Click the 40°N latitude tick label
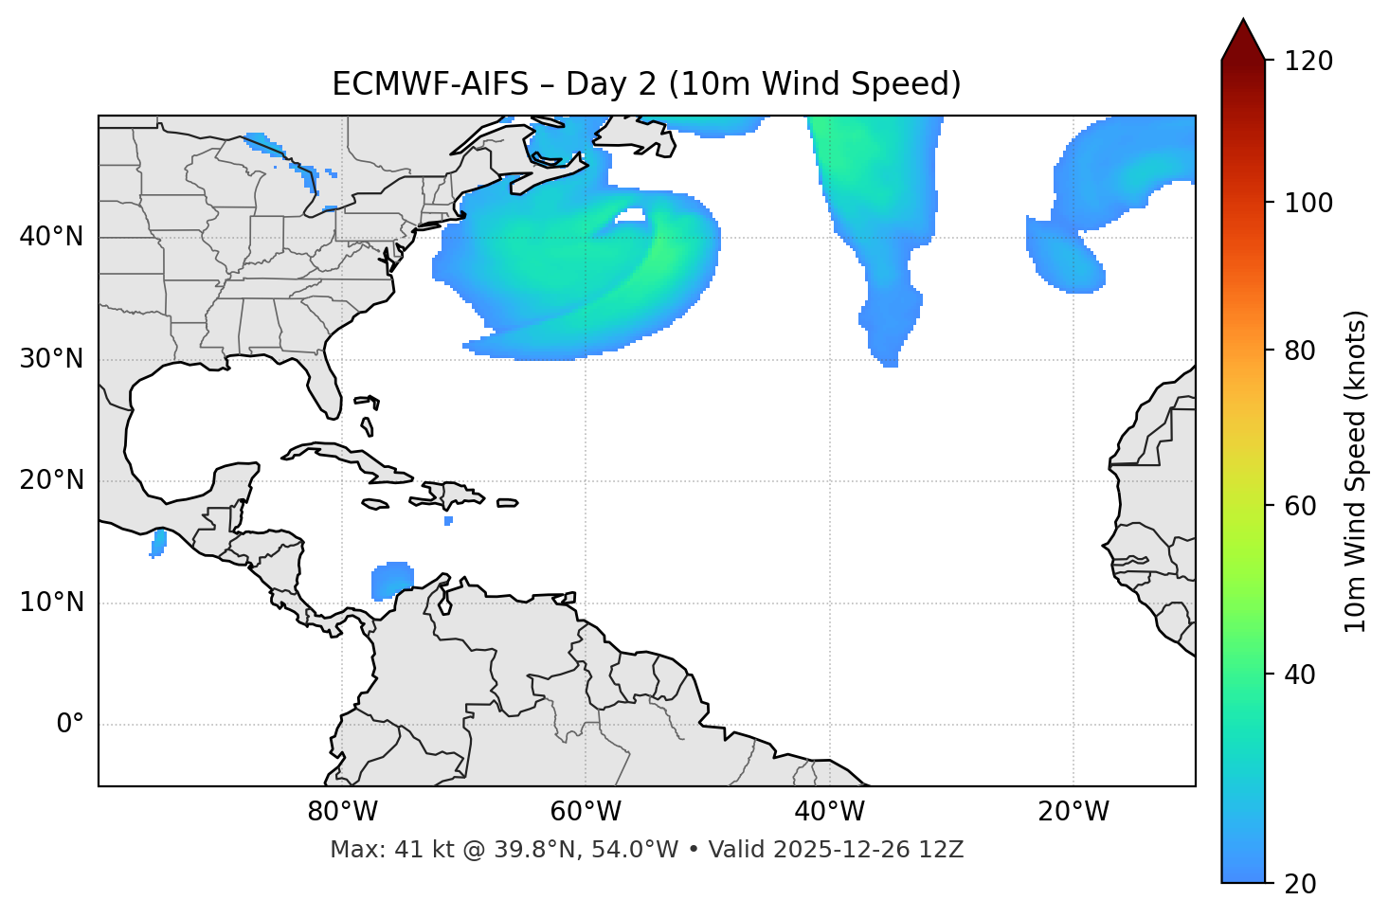[x=51, y=237]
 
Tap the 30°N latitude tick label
[x=51, y=359]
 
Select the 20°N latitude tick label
[x=51, y=480]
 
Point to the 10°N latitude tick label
[x=51, y=603]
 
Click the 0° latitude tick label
[x=69, y=725]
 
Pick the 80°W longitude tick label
[x=342, y=812]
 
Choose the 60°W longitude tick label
[x=586, y=812]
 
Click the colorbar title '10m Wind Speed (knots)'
[x=1356, y=471]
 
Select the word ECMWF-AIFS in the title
[x=430, y=84]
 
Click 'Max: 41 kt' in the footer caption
[x=379, y=850]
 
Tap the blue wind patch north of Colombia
[x=392, y=580]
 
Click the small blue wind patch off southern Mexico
[x=159, y=543]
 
